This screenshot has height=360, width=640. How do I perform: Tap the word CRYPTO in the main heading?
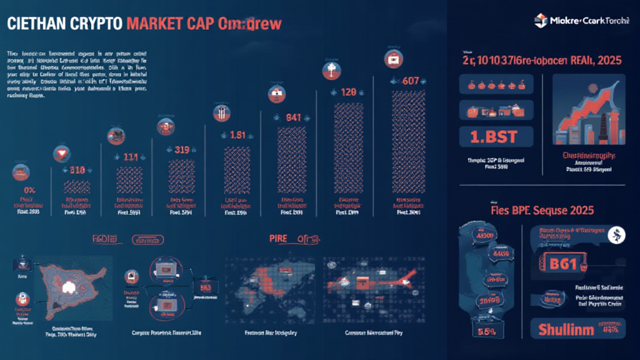(x=94, y=24)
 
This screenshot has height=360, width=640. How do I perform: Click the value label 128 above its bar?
(x=347, y=92)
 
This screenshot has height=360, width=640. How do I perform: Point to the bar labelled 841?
(x=293, y=156)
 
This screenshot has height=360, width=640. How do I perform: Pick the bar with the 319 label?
(x=182, y=178)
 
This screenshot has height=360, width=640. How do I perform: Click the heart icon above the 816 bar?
(x=61, y=152)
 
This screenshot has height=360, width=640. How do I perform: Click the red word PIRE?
(x=278, y=238)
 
